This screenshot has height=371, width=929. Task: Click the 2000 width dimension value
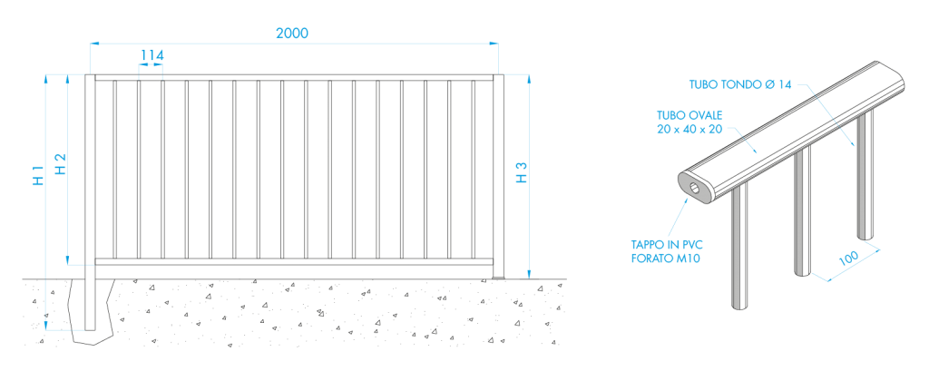click(x=293, y=34)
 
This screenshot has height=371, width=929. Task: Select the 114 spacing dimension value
click(x=152, y=55)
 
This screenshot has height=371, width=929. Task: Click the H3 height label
click(x=521, y=173)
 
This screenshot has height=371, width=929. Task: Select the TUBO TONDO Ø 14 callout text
click(x=740, y=84)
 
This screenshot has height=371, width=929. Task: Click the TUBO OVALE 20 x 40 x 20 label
click(x=689, y=122)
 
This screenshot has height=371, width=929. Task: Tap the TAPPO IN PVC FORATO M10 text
click(x=667, y=251)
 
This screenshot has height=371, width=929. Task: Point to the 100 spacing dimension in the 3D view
click(x=847, y=259)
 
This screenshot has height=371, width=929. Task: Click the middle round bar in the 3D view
click(x=798, y=213)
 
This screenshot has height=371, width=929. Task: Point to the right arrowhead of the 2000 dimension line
click(x=495, y=43)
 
